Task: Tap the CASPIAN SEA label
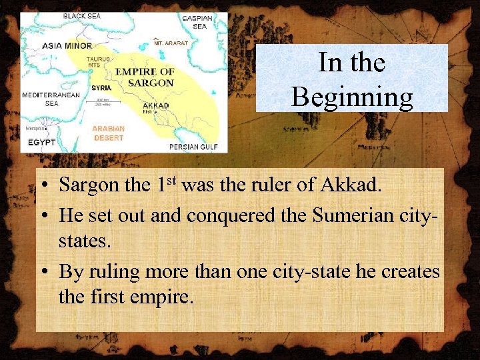coord(197,22)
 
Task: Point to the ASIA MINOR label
coord(67,46)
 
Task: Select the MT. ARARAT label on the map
coord(171,43)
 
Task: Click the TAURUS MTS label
coord(98,62)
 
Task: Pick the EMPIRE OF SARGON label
coord(145,77)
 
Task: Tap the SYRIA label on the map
coord(101,87)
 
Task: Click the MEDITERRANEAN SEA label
coord(51,99)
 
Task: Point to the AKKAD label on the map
coord(156,105)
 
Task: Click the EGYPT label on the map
coord(41,143)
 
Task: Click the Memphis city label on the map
coord(34,128)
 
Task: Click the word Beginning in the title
coord(351,97)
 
